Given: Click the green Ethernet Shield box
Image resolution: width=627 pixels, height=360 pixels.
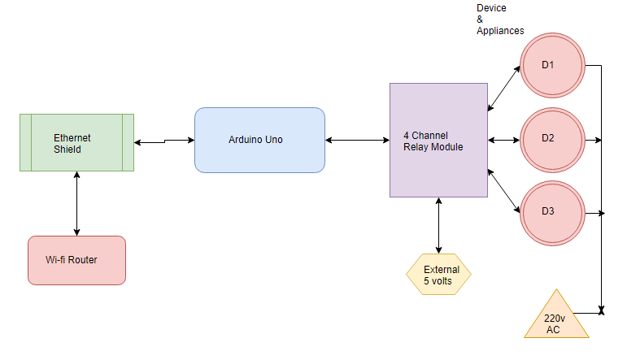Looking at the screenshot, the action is tap(76, 143).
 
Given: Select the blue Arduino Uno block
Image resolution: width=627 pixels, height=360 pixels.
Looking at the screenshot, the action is tap(259, 141).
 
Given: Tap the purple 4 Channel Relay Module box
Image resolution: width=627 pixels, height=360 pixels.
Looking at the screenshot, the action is tap(438, 141).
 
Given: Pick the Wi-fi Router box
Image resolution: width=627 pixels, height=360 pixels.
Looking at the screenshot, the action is tap(76, 261).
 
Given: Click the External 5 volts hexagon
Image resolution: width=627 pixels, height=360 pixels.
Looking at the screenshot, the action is tap(438, 275).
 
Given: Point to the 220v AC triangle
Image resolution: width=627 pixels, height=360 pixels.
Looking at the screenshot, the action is tap(556, 318).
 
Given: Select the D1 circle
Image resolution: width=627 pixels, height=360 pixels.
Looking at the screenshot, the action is tap(553, 65).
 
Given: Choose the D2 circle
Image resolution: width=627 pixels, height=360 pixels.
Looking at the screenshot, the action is tap(553, 141).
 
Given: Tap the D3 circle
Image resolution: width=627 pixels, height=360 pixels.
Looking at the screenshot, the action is tap(553, 214).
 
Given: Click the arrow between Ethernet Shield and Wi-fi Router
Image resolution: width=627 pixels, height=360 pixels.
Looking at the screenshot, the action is tap(76, 204).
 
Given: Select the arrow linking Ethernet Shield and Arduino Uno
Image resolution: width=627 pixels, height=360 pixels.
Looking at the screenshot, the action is tap(164, 141).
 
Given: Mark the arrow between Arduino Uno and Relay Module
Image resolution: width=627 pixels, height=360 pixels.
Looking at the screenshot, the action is tap(358, 141).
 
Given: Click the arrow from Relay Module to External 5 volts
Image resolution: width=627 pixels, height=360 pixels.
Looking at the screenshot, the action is tap(438, 225).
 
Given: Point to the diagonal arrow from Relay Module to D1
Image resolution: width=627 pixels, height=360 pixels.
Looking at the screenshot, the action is tap(504, 89).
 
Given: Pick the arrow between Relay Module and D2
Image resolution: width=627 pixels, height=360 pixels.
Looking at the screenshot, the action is tap(504, 141).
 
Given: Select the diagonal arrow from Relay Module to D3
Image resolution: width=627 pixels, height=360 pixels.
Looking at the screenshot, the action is tap(504, 191).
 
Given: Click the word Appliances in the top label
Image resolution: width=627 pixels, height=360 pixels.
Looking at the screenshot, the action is tap(500, 31).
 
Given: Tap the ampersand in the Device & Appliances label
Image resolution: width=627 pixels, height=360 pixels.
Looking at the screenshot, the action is tap(480, 20).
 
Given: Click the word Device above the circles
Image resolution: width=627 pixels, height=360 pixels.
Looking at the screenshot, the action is tap(491, 8).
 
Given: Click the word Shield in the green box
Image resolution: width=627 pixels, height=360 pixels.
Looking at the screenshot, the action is tap(67, 150).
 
